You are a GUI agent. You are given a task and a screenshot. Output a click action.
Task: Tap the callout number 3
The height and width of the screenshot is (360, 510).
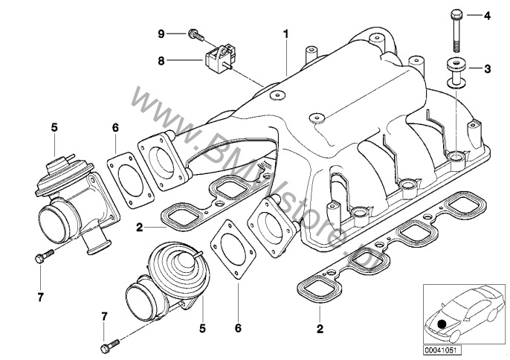(x=487, y=69)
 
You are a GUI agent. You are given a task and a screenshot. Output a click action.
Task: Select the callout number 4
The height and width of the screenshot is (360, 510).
(x=487, y=16)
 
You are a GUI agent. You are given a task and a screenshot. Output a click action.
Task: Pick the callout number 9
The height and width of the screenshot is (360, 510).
(x=160, y=33)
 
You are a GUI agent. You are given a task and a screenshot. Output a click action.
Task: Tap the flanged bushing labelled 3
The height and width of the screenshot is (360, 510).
(x=455, y=71)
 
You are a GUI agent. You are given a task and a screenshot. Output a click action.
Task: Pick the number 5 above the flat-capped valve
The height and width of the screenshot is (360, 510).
(x=54, y=128)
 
